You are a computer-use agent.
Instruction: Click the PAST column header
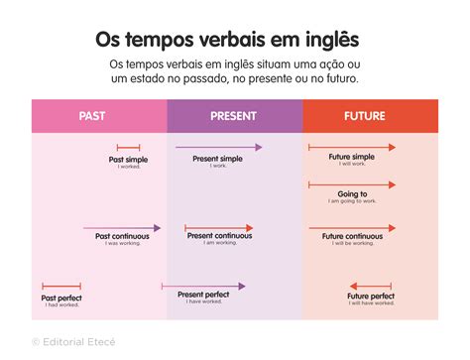92,116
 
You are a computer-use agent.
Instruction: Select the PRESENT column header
234,116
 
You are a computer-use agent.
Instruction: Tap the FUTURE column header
365,116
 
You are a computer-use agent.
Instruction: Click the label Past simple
128,159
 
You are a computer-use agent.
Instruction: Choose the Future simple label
351,157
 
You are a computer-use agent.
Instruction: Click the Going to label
352,194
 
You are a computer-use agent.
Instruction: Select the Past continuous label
122,236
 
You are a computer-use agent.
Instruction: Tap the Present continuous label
218,236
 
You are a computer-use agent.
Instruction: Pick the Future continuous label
352,236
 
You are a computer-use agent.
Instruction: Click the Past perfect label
61,298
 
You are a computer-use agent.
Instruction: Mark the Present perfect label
204,295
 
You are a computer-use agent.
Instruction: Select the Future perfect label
371,296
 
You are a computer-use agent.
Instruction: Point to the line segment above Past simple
128,148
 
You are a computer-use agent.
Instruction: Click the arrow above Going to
352,184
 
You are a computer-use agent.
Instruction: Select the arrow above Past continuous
122,227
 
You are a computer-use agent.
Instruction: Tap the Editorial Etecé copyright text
73,341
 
